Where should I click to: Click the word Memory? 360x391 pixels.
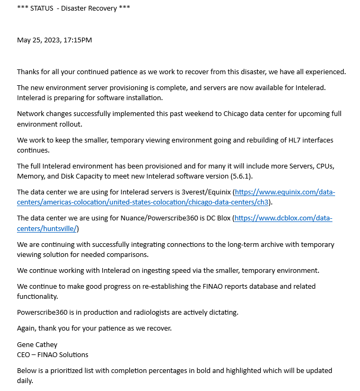31,175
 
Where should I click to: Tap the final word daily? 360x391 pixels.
25,380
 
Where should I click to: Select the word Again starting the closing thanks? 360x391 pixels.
27,328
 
